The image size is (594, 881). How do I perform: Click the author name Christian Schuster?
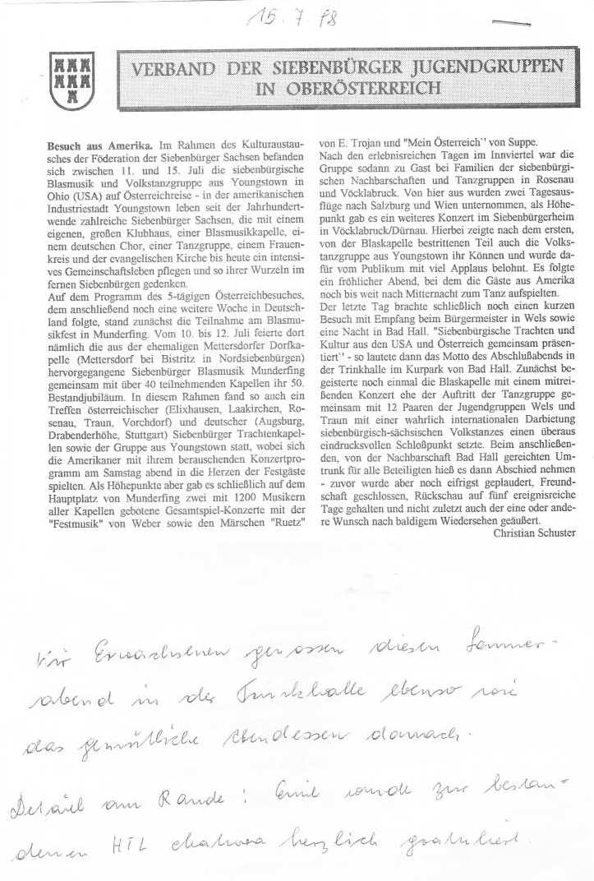pos(535,533)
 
